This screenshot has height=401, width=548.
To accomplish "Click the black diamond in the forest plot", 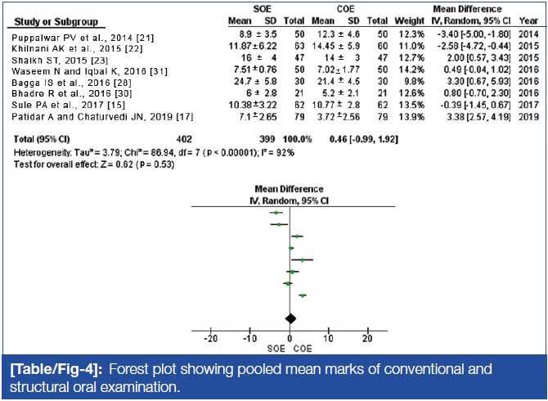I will click(289, 318).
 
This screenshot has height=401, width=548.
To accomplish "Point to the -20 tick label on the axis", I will click(211, 339).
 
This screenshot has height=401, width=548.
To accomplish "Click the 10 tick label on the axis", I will click(328, 339).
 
